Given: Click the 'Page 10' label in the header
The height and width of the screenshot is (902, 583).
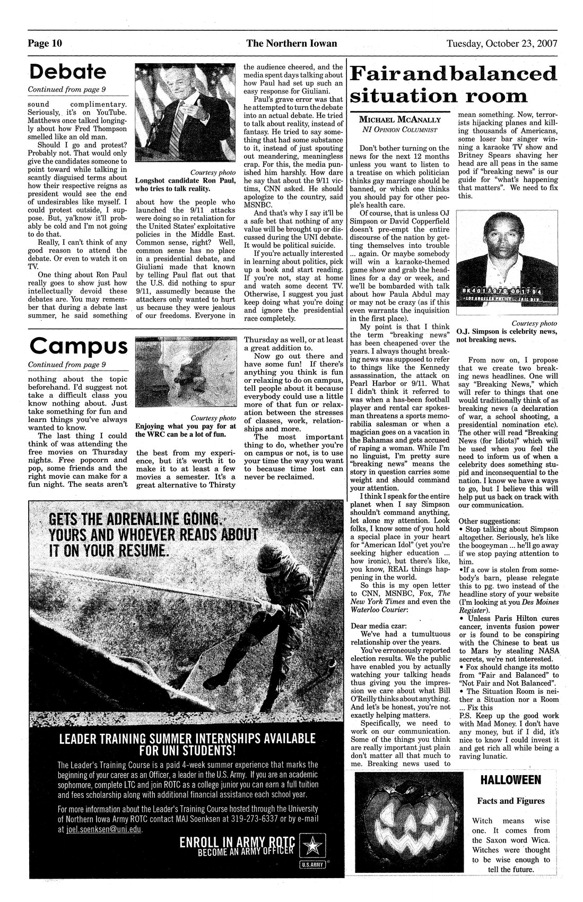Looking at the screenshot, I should click(45, 44).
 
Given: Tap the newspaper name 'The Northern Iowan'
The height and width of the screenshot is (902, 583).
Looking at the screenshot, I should click(291, 44).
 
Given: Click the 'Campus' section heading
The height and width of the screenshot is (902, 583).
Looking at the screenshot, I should click(79, 346).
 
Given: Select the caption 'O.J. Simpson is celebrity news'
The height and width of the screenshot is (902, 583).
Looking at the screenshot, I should click(506, 331).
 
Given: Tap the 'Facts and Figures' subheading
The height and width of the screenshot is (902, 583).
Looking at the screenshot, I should click(509, 801).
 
